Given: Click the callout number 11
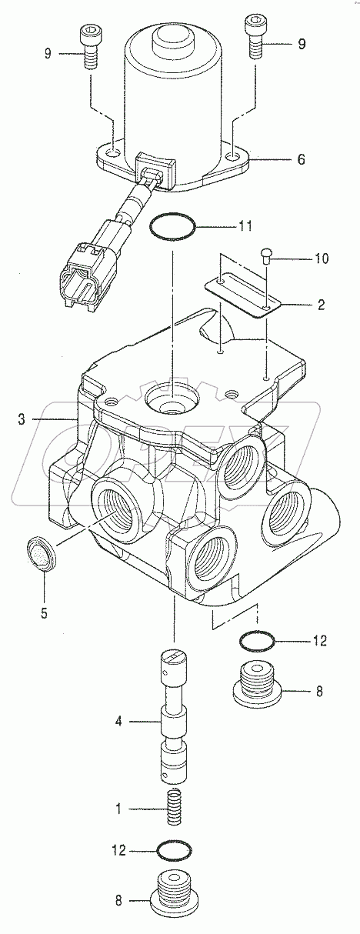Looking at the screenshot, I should (x=244, y=226).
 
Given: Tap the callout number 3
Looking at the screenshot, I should (x=22, y=420).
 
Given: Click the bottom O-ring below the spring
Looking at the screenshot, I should (x=174, y=852).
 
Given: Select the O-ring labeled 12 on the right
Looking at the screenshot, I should (x=257, y=639).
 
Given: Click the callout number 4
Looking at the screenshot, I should (x=118, y=722).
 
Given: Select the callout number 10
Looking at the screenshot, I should (x=321, y=259).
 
